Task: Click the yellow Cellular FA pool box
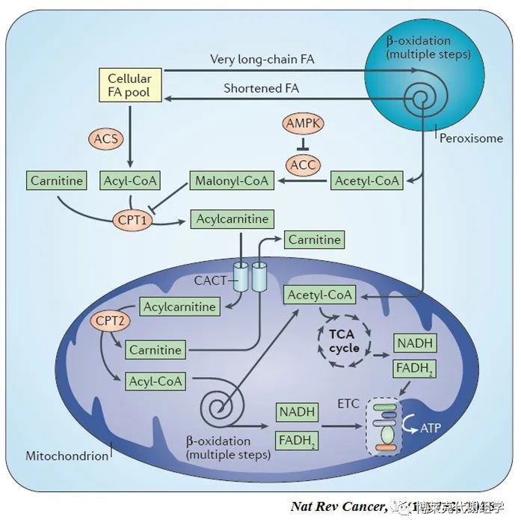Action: pos(129,85)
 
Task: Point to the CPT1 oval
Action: pos(130,221)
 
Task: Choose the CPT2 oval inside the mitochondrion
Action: pos(110,322)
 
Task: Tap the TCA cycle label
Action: pos(345,342)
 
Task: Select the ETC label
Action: pos(348,404)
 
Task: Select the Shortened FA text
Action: pos(261,88)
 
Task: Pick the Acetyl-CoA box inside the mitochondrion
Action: pos(321,295)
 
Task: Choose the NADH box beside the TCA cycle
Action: pos(415,343)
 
